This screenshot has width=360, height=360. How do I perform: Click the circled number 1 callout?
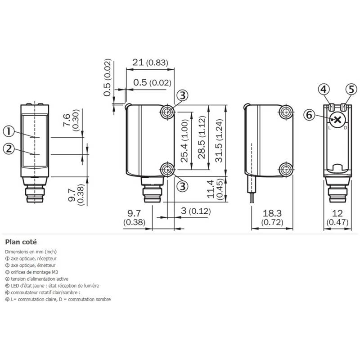pyautogui.click(x=9, y=131)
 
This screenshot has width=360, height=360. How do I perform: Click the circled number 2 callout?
pyautogui.click(x=9, y=149)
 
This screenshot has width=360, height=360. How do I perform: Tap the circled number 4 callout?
pyautogui.click(x=324, y=89)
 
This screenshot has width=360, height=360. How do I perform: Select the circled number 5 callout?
pyautogui.click(x=351, y=89)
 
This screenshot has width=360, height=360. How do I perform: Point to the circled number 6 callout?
pyautogui.click(x=310, y=115)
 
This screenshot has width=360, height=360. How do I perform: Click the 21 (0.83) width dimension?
pyautogui.click(x=150, y=62)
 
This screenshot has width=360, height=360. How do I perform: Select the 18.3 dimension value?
pyautogui.click(x=272, y=213)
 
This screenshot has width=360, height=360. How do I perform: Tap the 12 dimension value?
pyautogui.click(x=337, y=213)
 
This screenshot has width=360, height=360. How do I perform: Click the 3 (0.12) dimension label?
pyautogui.click(x=196, y=211)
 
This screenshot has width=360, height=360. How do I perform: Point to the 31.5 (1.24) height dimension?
pyautogui.click(x=219, y=140)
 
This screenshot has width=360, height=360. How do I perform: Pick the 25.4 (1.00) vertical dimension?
pyautogui.click(x=184, y=141)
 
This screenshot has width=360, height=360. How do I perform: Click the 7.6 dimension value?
pyautogui.click(x=66, y=120)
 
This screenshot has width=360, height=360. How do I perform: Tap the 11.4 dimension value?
pyautogui.click(x=210, y=189)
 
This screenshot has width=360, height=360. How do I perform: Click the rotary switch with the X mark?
pyautogui.click(x=337, y=119)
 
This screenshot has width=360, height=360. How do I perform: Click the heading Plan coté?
pyautogui.click(x=21, y=242)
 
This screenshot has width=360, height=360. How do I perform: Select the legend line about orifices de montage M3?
pyautogui.click(x=31, y=272)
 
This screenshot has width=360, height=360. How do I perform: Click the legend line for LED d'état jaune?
pyautogui.click(x=52, y=286)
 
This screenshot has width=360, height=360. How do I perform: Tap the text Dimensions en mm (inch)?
pyautogui.click(x=31, y=252)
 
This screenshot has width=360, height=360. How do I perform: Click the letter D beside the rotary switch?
pyautogui.click(x=346, y=128)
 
